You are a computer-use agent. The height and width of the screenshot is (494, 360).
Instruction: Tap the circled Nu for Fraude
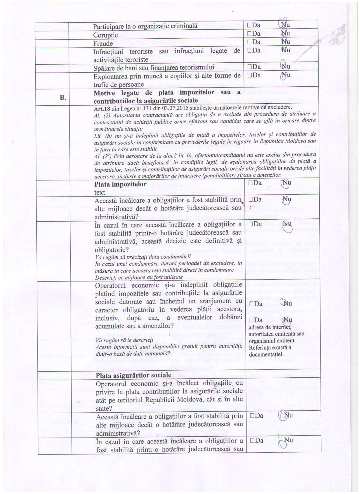286,42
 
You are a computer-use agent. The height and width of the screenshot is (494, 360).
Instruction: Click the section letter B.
63,98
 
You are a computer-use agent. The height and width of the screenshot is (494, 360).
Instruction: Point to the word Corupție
106,35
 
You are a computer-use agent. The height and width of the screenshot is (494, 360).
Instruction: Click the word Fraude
103,43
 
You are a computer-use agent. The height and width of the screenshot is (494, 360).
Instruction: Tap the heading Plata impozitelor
120,184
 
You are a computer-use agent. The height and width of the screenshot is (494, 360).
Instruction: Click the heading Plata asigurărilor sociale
133,375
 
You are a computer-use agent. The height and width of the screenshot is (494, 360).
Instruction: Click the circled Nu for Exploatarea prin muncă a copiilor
286,75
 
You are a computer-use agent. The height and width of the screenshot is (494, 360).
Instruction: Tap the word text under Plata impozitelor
100,193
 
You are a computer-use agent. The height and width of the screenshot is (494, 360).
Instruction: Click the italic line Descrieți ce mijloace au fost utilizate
139,277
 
